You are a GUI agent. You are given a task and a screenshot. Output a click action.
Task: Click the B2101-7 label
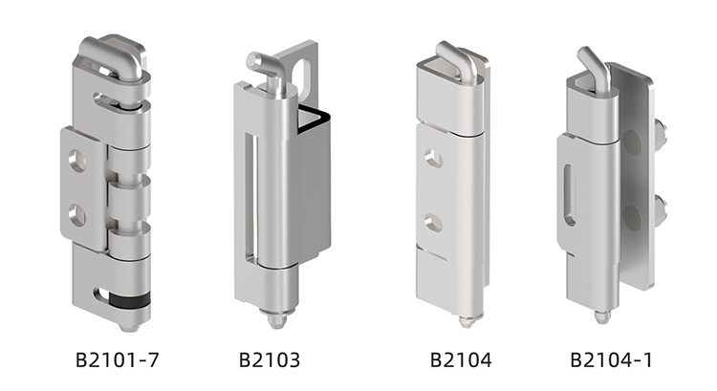tap(117, 359)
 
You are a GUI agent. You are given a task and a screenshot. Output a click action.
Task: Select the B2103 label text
tap(270, 359)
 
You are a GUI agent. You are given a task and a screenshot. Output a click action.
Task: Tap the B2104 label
tap(461, 359)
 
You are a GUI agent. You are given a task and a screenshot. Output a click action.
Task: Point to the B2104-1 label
tap(611, 359)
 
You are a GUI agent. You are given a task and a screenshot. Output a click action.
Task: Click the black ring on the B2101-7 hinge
tap(129, 299)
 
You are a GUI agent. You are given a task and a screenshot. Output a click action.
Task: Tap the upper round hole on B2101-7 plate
tap(76, 160)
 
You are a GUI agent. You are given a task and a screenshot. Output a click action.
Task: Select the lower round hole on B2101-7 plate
tap(76, 216)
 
